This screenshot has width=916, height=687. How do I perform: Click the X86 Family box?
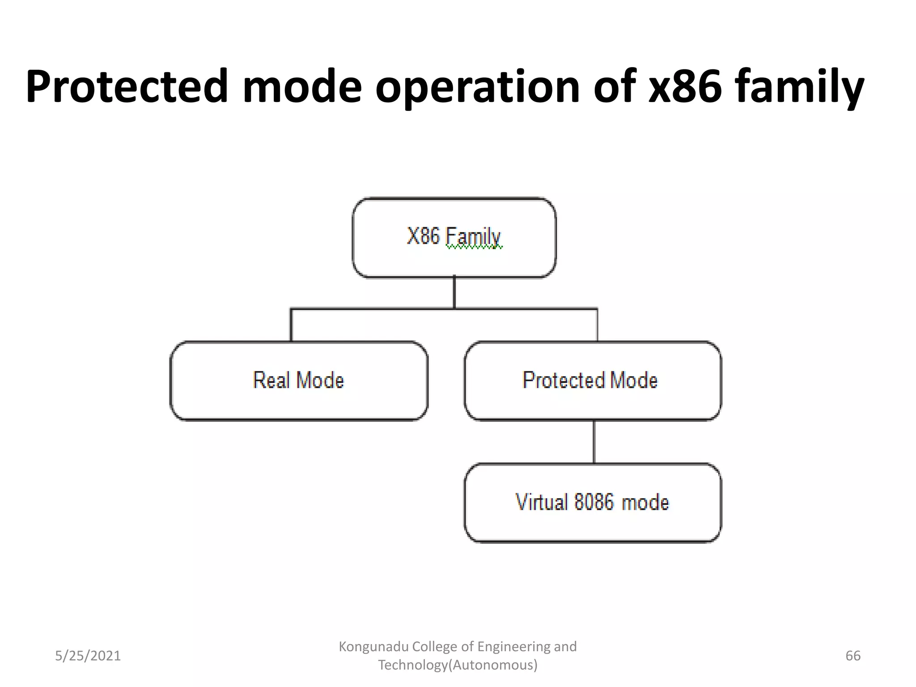coord(454,237)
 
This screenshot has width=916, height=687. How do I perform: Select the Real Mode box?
coord(299,381)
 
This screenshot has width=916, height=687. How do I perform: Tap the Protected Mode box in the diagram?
coord(593,381)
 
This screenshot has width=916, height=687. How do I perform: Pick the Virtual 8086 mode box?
coord(593,503)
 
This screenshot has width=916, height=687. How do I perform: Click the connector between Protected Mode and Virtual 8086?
coord(594,442)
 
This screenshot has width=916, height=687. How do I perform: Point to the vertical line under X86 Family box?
coord(454,292)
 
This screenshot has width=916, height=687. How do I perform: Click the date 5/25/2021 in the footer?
coord(88,656)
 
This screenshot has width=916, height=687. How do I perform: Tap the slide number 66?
coord(853,656)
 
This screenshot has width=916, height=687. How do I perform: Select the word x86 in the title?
coord(685,86)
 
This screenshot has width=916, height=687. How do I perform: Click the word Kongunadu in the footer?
coord(373,646)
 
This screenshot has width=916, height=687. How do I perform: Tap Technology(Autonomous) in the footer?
coord(458,665)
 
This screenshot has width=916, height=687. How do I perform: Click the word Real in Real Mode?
coord(271,380)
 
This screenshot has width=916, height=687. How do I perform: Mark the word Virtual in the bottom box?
coord(542,502)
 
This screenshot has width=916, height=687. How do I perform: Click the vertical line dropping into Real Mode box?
coord(291,325)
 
